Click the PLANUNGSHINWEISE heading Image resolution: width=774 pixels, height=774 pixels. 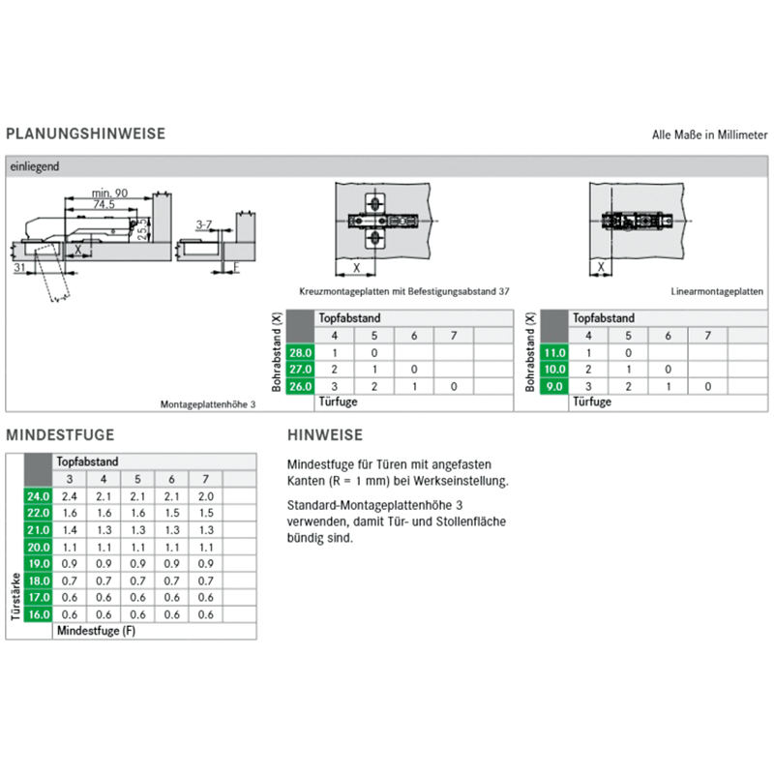(x=85, y=134)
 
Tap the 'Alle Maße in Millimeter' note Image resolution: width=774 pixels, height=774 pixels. (x=709, y=134)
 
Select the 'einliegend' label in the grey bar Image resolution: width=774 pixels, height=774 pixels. (x=35, y=166)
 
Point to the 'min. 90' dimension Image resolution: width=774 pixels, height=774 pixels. (x=109, y=193)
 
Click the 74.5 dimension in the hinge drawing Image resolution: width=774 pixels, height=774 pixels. (x=104, y=204)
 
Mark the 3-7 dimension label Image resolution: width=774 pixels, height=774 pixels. (x=204, y=225)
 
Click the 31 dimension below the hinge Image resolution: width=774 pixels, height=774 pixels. (x=19, y=268)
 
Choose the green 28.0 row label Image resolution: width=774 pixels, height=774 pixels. (x=300, y=353)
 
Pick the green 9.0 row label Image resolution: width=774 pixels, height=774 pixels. (x=554, y=386)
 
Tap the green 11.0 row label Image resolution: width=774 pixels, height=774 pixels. (x=554, y=353)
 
